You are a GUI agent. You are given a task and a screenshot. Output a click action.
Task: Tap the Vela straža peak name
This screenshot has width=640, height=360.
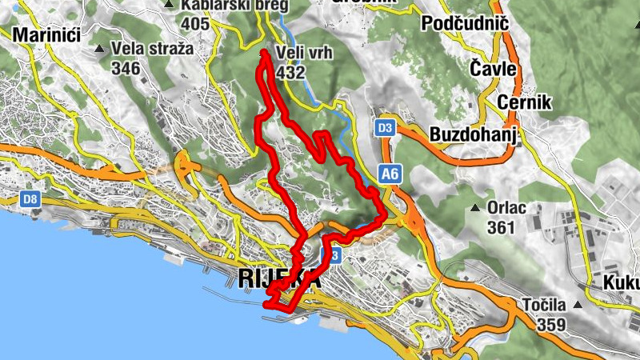(x=153, y=48)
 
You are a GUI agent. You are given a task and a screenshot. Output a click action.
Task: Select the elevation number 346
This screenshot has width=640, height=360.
(x=126, y=69)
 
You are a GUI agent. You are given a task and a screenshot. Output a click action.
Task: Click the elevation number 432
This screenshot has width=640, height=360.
(x=290, y=73)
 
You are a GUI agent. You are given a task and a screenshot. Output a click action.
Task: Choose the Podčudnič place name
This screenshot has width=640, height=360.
(x=465, y=22)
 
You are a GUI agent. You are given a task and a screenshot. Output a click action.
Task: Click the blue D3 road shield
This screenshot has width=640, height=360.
(x=385, y=128)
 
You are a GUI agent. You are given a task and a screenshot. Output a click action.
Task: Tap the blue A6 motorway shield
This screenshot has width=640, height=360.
(x=390, y=174)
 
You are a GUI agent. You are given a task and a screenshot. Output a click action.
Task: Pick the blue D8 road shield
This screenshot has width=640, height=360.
(x=31, y=198)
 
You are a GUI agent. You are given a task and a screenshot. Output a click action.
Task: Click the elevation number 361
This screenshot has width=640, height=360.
(x=502, y=228)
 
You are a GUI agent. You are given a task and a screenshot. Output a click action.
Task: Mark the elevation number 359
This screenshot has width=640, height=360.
(x=551, y=325)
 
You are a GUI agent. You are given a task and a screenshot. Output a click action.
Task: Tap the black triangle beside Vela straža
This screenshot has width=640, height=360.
(x=99, y=50)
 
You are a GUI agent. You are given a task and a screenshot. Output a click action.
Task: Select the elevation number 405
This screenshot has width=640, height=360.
(x=195, y=24)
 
